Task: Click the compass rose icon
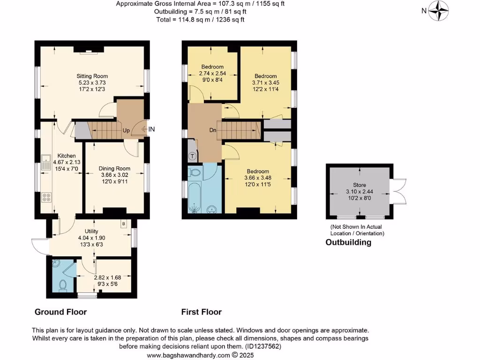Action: coord(439,10)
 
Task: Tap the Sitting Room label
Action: coord(92,76)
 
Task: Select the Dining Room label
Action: coord(114,168)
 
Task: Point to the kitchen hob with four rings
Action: coord(46,197)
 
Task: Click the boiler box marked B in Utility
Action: coord(124,224)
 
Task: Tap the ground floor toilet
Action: coord(63,285)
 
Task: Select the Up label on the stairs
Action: coord(126,130)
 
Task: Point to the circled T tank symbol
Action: coord(192,156)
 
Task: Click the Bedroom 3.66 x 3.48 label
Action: coord(256,171)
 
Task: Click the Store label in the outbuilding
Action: coord(360,185)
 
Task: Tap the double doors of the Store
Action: coord(399,192)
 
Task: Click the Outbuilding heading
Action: coord(348,242)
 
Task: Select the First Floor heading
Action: coord(202,312)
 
